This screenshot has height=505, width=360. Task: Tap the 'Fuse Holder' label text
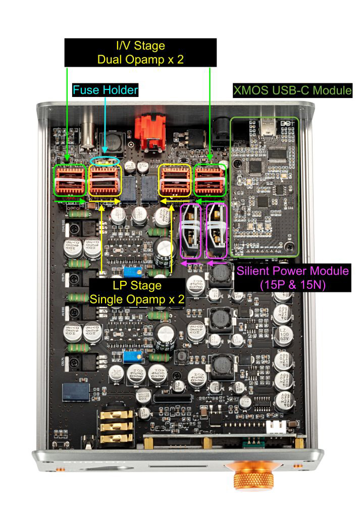pos(106,90)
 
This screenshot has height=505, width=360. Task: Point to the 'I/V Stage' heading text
pos(140,46)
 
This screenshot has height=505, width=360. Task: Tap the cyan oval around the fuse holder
pos(106,161)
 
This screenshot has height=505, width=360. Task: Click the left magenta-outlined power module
pos(190,231)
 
